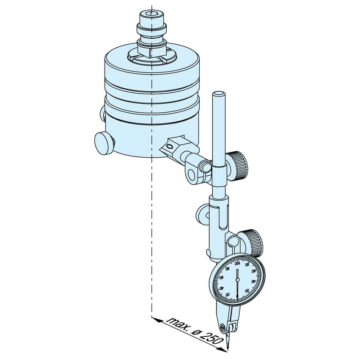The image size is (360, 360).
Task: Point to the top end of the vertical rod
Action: point(219,94)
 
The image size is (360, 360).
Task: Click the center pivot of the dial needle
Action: point(237,279)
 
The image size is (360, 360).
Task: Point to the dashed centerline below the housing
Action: point(151,236)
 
